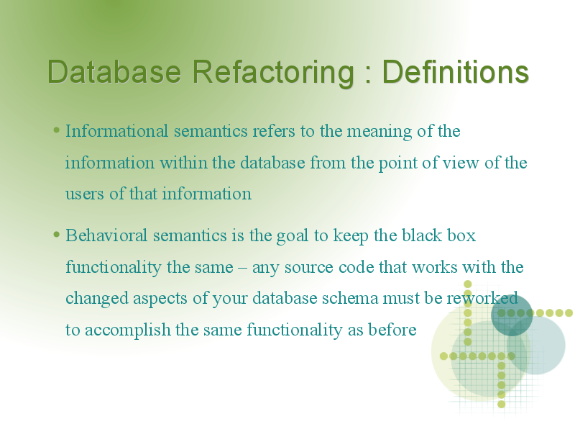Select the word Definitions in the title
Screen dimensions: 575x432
coord(456,71)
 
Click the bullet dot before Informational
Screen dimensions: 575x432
coord(56,130)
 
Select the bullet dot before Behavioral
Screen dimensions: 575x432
coord(56,234)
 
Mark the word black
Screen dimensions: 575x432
coord(421,235)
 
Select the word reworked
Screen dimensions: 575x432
coord(482,298)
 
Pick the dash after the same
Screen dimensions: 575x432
coord(242,268)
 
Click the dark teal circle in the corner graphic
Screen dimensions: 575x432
coord(512,315)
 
